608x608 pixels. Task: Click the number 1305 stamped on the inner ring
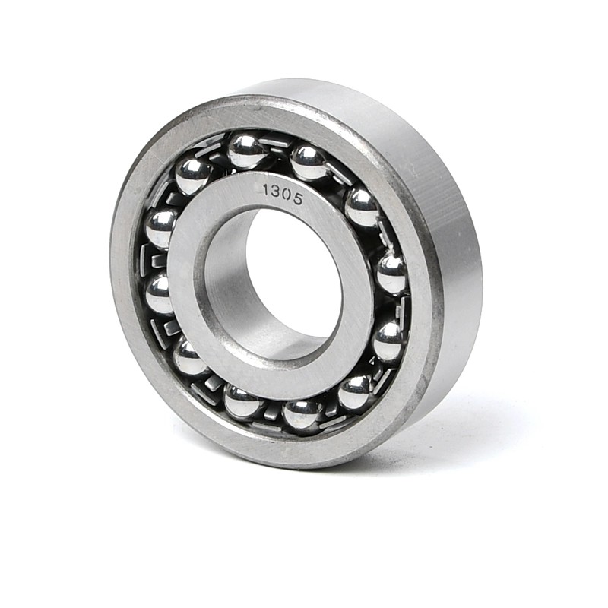point(282,195)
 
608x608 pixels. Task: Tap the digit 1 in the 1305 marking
point(267,191)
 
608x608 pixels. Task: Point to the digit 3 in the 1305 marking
point(276,193)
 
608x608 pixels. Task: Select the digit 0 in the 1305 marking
point(287,195)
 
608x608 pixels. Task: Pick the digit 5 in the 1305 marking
point(297,198)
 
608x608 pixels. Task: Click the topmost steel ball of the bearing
point(245,151)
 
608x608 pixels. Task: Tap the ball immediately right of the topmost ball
point(309,163)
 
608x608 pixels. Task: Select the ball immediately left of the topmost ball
point(193,176)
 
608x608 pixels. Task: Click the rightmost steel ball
point(392,274)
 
